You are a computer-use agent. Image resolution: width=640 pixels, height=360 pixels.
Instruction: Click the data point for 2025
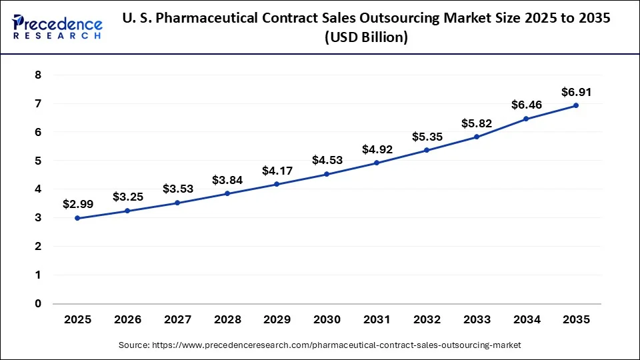(77, 218)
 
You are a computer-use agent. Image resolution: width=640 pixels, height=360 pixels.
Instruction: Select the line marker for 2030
(327, 174)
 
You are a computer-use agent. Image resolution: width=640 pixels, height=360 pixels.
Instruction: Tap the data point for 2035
(576, 105)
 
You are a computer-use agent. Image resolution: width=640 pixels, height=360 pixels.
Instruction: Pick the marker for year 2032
(427, 150)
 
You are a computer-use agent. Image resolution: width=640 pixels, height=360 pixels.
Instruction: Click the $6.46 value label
(526, 105)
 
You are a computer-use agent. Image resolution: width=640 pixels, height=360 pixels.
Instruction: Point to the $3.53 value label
(177, 189)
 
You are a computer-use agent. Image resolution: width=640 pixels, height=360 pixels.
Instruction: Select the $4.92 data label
(377, 149)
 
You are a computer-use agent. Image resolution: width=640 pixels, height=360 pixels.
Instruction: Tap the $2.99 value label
(77, 204)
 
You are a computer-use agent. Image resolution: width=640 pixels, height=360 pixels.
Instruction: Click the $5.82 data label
(476, 123)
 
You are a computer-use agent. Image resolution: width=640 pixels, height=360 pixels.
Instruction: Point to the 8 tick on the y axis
(38, 75)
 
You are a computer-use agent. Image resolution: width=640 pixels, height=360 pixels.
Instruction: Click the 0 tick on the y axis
(38, 303)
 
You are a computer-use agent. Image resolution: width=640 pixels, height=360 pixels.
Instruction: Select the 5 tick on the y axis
(38, 161)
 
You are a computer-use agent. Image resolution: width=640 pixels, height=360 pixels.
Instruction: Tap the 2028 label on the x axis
(227, 320)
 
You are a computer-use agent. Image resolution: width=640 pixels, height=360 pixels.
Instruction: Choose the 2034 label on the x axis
(526, 320)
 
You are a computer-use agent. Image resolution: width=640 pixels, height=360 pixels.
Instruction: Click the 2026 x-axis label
(127, 320)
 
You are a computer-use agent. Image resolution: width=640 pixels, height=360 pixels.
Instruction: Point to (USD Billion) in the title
(366, 38)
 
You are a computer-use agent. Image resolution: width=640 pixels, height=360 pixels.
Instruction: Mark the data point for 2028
(227, 193)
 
